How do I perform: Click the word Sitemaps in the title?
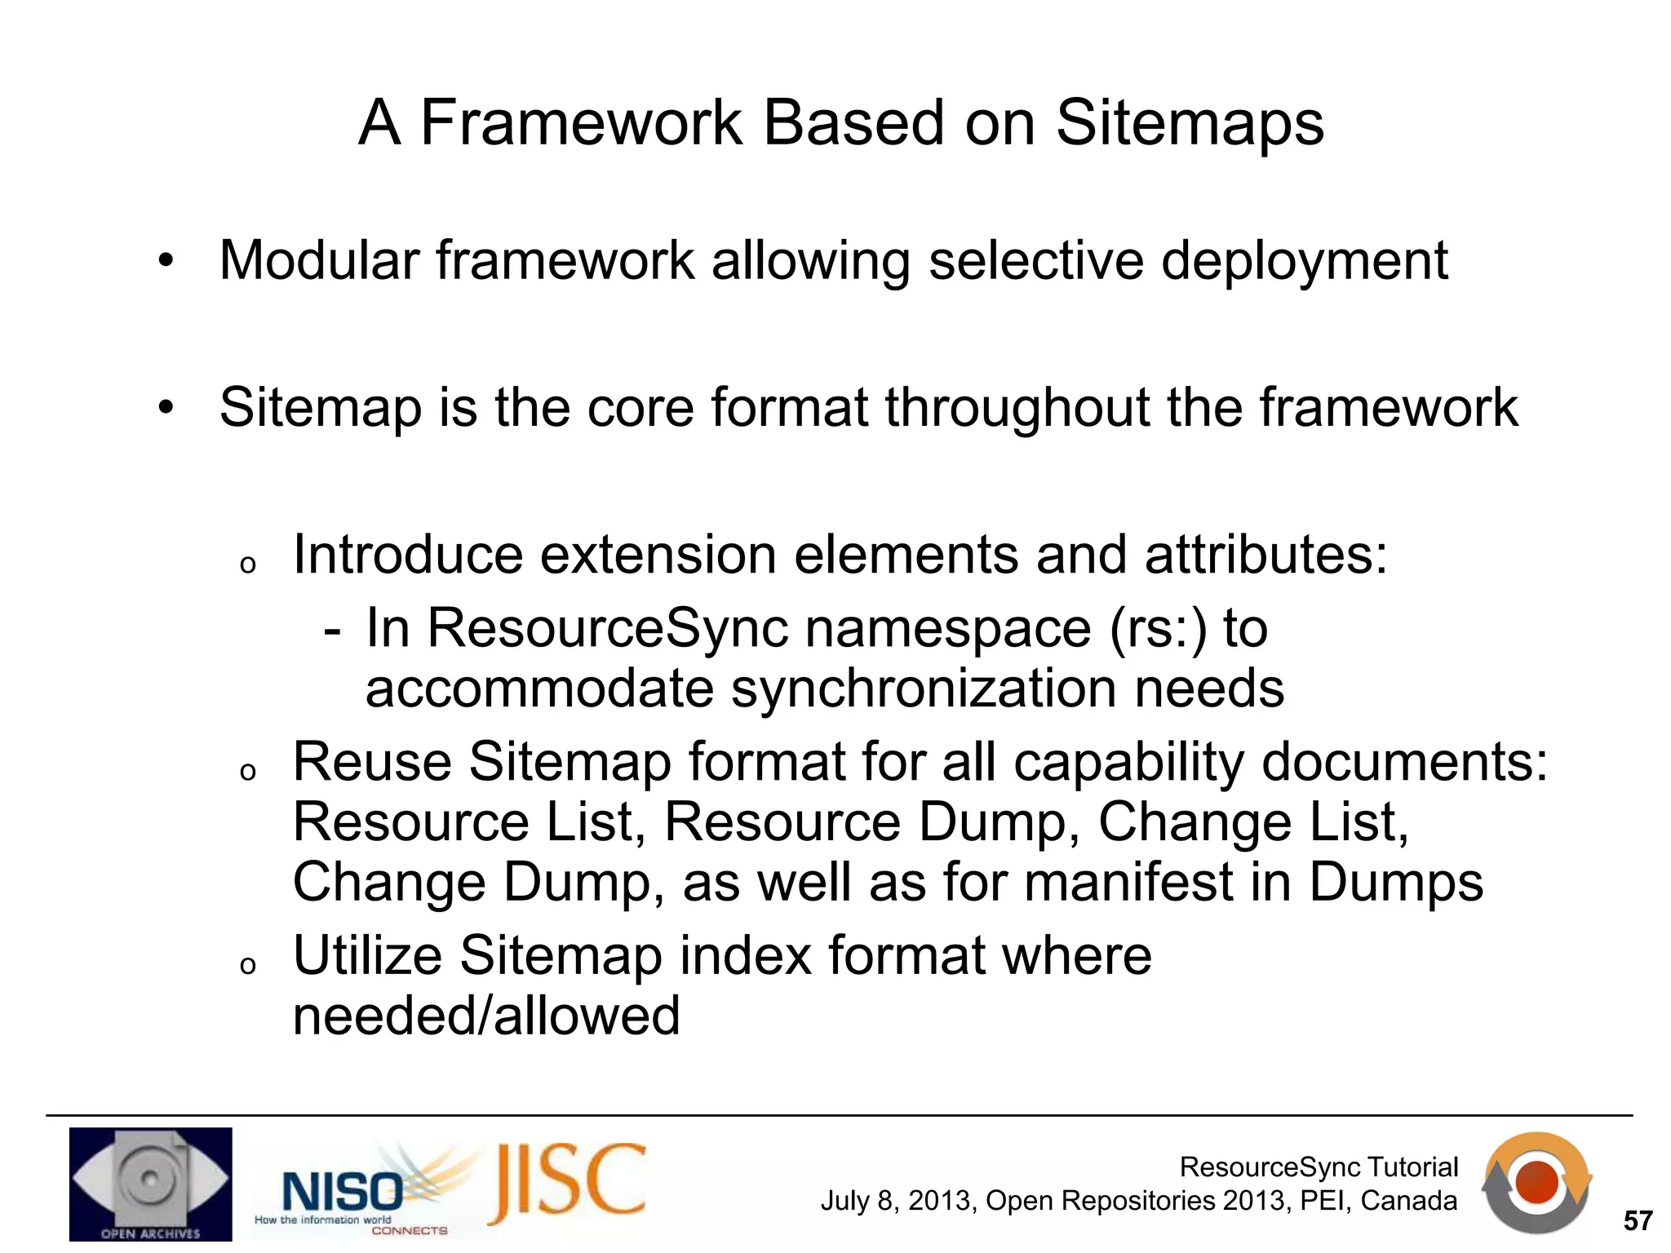(x=1190, y=124)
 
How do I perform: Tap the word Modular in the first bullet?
(x=319, y=261)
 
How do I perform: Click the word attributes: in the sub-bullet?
(x=1265, y=555)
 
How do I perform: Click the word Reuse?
(x=372, y=762)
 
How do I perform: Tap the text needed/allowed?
(x=486, y=1016)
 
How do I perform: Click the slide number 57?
(x=1638, y=1221)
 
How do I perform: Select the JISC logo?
(x=568, y=1184)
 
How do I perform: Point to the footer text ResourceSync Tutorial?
(x=1319, y=1167)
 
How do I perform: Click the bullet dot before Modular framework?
(x=166, y=262)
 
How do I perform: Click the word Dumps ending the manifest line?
(x=1396, y=883)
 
